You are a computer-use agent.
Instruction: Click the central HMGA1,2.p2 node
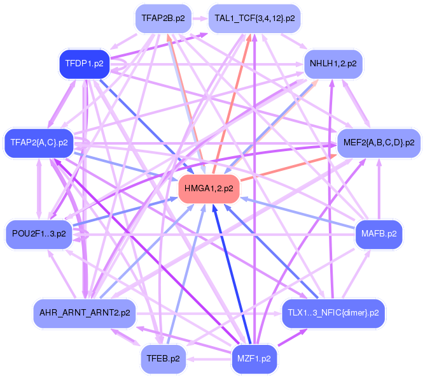209,189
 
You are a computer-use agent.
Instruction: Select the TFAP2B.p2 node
163,18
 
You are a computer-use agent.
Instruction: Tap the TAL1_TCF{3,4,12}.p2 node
254,18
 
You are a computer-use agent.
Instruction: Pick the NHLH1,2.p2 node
333,64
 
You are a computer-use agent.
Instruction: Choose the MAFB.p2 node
379,233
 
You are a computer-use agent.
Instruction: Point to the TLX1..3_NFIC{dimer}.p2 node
333,313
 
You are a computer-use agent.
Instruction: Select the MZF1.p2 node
254,358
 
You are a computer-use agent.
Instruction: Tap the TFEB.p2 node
163,358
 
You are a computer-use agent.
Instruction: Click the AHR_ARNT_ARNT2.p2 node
85,313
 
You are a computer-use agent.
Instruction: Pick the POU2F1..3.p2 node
39,233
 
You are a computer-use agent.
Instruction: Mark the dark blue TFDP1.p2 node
85,64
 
